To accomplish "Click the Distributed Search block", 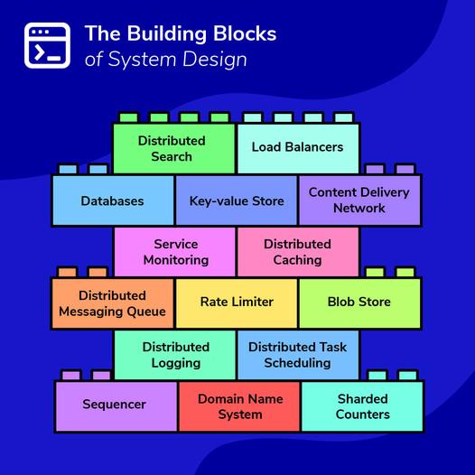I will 172,148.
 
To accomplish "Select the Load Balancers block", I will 297,147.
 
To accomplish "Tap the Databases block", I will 112,200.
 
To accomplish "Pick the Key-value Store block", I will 237,200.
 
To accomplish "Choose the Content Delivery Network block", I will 359,200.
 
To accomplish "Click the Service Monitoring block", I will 175,252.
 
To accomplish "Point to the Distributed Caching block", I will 298,252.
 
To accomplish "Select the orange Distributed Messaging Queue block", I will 112,303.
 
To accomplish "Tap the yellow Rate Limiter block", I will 237,303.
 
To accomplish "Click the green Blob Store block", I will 359,303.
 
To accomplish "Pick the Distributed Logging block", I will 175,355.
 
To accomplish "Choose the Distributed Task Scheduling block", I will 298,355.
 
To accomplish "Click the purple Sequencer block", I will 115,405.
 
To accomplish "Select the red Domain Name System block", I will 239,406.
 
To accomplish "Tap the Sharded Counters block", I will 362,406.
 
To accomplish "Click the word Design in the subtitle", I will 217,60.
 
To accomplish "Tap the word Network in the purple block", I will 359,209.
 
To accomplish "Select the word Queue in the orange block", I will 145,312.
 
